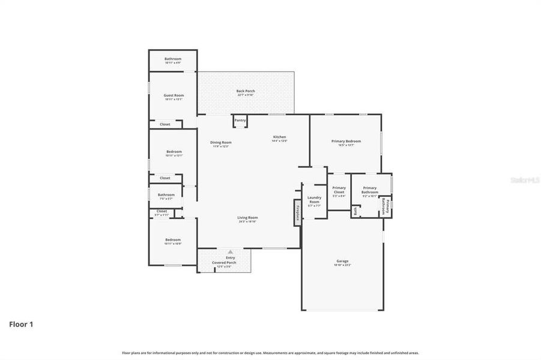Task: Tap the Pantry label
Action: point(240,120)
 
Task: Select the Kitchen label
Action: point(280,138)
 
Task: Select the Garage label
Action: point(342,262)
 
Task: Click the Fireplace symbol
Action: point(297,212)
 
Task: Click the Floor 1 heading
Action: point(21,325)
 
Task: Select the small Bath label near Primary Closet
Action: point(355,211)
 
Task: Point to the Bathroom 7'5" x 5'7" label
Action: point(166,196)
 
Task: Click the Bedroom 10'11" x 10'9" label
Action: point(173,241)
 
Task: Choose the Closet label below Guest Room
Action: point(165,124)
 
